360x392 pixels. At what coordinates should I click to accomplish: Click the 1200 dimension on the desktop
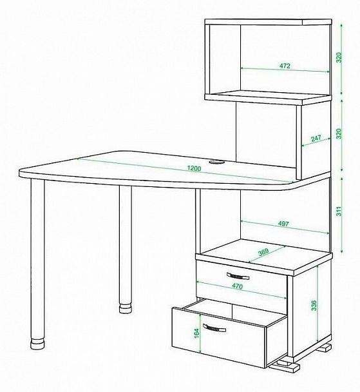[194, 168]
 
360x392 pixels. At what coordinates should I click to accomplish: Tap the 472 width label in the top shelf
[285, 66]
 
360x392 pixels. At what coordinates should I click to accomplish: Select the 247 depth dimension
[316, 138]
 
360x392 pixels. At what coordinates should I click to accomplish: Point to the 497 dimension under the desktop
[283, 224]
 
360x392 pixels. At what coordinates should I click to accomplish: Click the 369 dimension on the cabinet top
[263, 251]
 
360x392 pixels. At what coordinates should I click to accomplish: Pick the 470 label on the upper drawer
[237, 286]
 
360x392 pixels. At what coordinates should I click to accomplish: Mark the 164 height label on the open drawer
[196, 333]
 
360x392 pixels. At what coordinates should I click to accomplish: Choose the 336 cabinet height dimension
[314, 305]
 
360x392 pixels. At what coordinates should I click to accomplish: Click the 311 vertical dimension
[338, 211]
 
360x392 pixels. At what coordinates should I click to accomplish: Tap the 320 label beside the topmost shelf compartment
[338, 57]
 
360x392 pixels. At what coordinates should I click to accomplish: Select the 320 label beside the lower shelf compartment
[338, 133]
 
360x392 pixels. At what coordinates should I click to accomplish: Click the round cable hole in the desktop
[216, 162]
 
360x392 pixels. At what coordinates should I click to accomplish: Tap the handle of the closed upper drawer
[238, 276]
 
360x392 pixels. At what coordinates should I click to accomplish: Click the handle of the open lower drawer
[214, 328]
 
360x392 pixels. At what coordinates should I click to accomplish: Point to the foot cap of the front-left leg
[38, 343]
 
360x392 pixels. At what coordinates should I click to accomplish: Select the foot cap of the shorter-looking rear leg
[126, 308]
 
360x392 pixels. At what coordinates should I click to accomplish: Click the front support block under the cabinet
[286, 366]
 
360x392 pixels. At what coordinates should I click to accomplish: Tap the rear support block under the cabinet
[324, 348]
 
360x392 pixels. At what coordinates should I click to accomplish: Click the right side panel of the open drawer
[277, 341]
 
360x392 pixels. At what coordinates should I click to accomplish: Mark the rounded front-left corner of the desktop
[22, 173]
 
